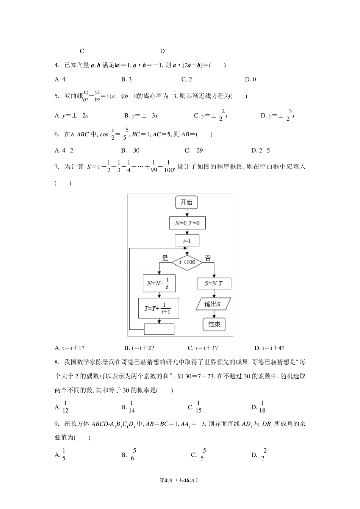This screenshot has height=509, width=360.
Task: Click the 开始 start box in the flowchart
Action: coord(186,202)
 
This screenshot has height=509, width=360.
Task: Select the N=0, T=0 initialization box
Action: coord(187,223)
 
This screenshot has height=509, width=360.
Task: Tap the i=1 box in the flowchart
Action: coord(187,240)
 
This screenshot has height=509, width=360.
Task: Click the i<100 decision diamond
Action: coord(187,262)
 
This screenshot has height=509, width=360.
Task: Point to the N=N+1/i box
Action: coord(159,283)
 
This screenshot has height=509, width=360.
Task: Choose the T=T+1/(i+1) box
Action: coord(158,308)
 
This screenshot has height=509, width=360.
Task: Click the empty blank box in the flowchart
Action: coord(159,329)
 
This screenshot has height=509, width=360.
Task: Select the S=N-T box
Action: coord(214,283)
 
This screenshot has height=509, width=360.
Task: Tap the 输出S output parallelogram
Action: coord(213,304)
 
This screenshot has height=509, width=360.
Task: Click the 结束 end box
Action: coord(214,324)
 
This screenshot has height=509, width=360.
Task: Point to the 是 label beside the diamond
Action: coord(165,258)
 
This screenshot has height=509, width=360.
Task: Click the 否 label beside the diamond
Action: coord(208,258)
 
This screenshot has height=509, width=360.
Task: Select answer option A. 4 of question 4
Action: coord(60,80)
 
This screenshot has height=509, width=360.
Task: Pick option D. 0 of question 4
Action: coord(250,80)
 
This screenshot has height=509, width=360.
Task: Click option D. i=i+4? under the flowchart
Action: coord(269,348)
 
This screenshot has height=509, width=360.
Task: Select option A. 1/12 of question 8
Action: coord(62,407)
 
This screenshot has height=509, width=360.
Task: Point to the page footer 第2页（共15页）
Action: coord(180,480)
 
